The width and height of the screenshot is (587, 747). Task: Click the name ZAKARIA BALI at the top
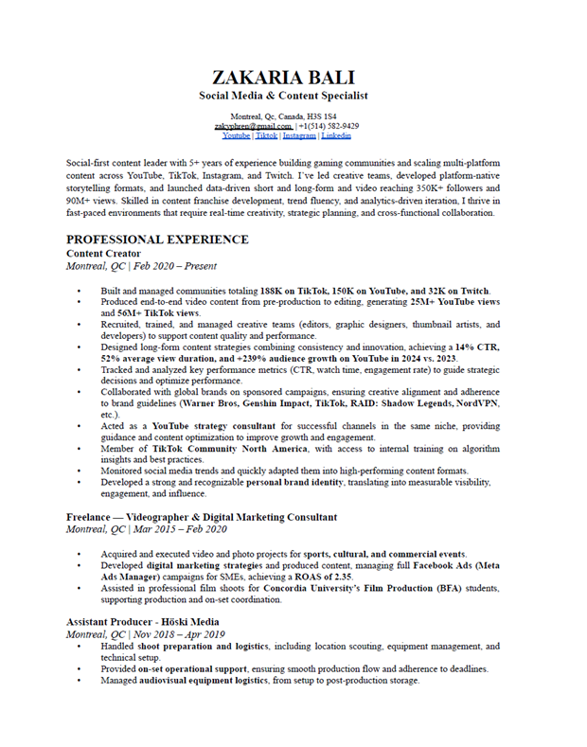pyautogui.click(x=283, y=77)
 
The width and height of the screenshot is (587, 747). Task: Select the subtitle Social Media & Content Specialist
pyautogui.click(x=283, y=96)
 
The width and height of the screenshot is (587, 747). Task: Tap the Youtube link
pyautogui.click(x=236, y=136)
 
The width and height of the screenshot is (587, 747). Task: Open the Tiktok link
pyautogui.click(x=266, y=136)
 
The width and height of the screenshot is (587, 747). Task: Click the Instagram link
pyautogui.click(x=299, y=136)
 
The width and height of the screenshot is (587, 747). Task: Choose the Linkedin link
pyautogui.click(x=336, y=136)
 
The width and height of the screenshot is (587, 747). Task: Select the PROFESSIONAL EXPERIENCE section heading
pyautogui.click(x=157, y=240)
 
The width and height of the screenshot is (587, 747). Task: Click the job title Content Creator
pyautogui.click(x=103, y=254)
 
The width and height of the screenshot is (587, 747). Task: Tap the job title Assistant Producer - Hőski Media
pyautogui.click(x=143, y=621)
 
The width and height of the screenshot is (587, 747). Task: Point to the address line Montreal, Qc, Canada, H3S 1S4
pyautogui.click(x=283, y=116)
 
